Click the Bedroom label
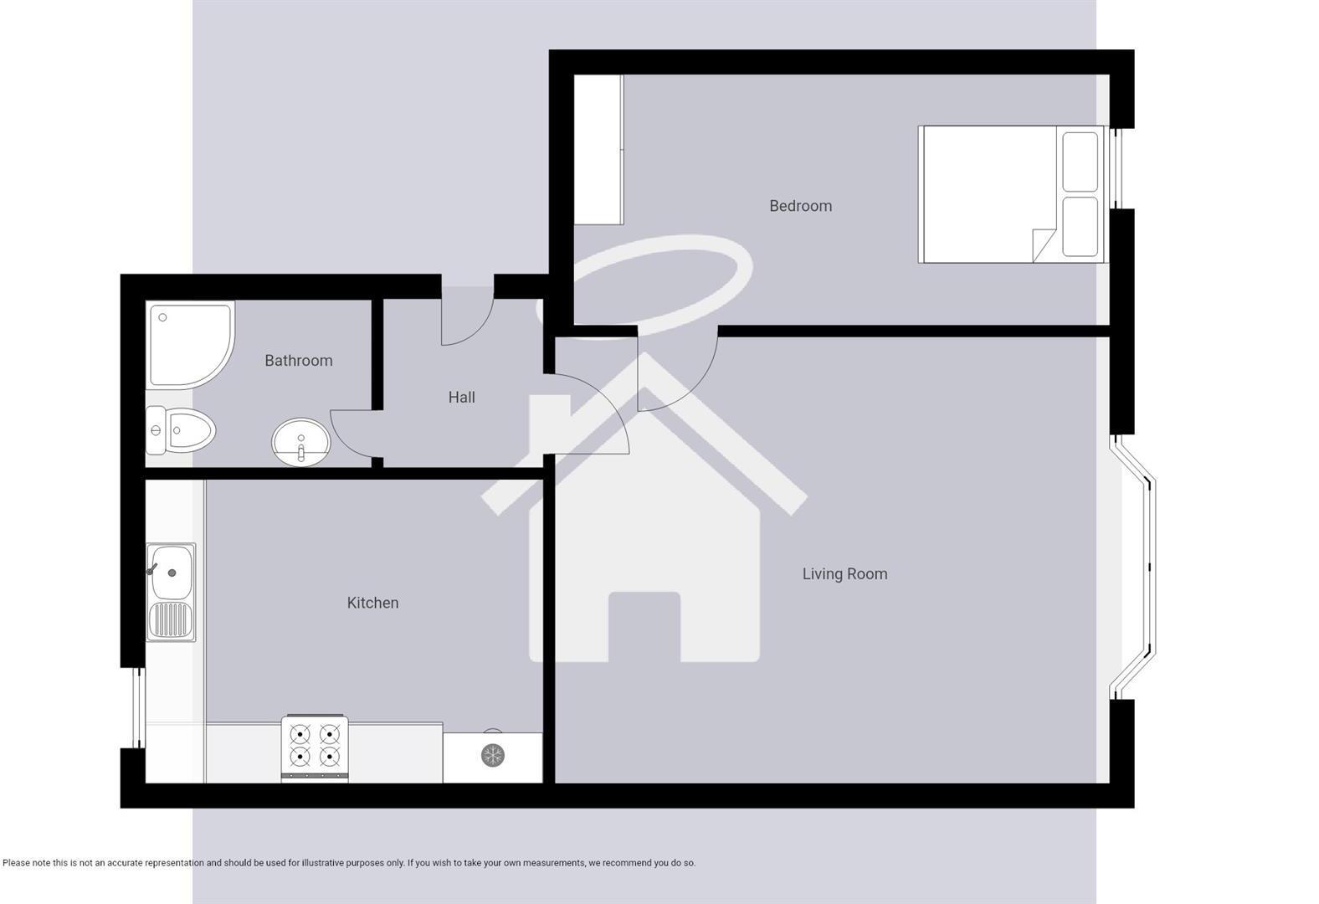click(x=800, y=206)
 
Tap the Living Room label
click(x=844, y=574)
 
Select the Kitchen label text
click(x=372, y=603)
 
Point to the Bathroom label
click(x=299, y=361)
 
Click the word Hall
click(x=461, y=398)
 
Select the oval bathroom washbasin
click(x=300, y=441)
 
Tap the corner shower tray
click(x=187, y=343)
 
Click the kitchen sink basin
click(x=172, y=572)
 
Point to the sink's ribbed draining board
click(x=171, y=621)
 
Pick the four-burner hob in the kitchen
click(x=315, y=747)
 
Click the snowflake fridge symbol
click(x=493, y=756)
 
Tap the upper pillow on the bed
click(x=1080, y=162)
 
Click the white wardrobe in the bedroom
click(x=598, y=150)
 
